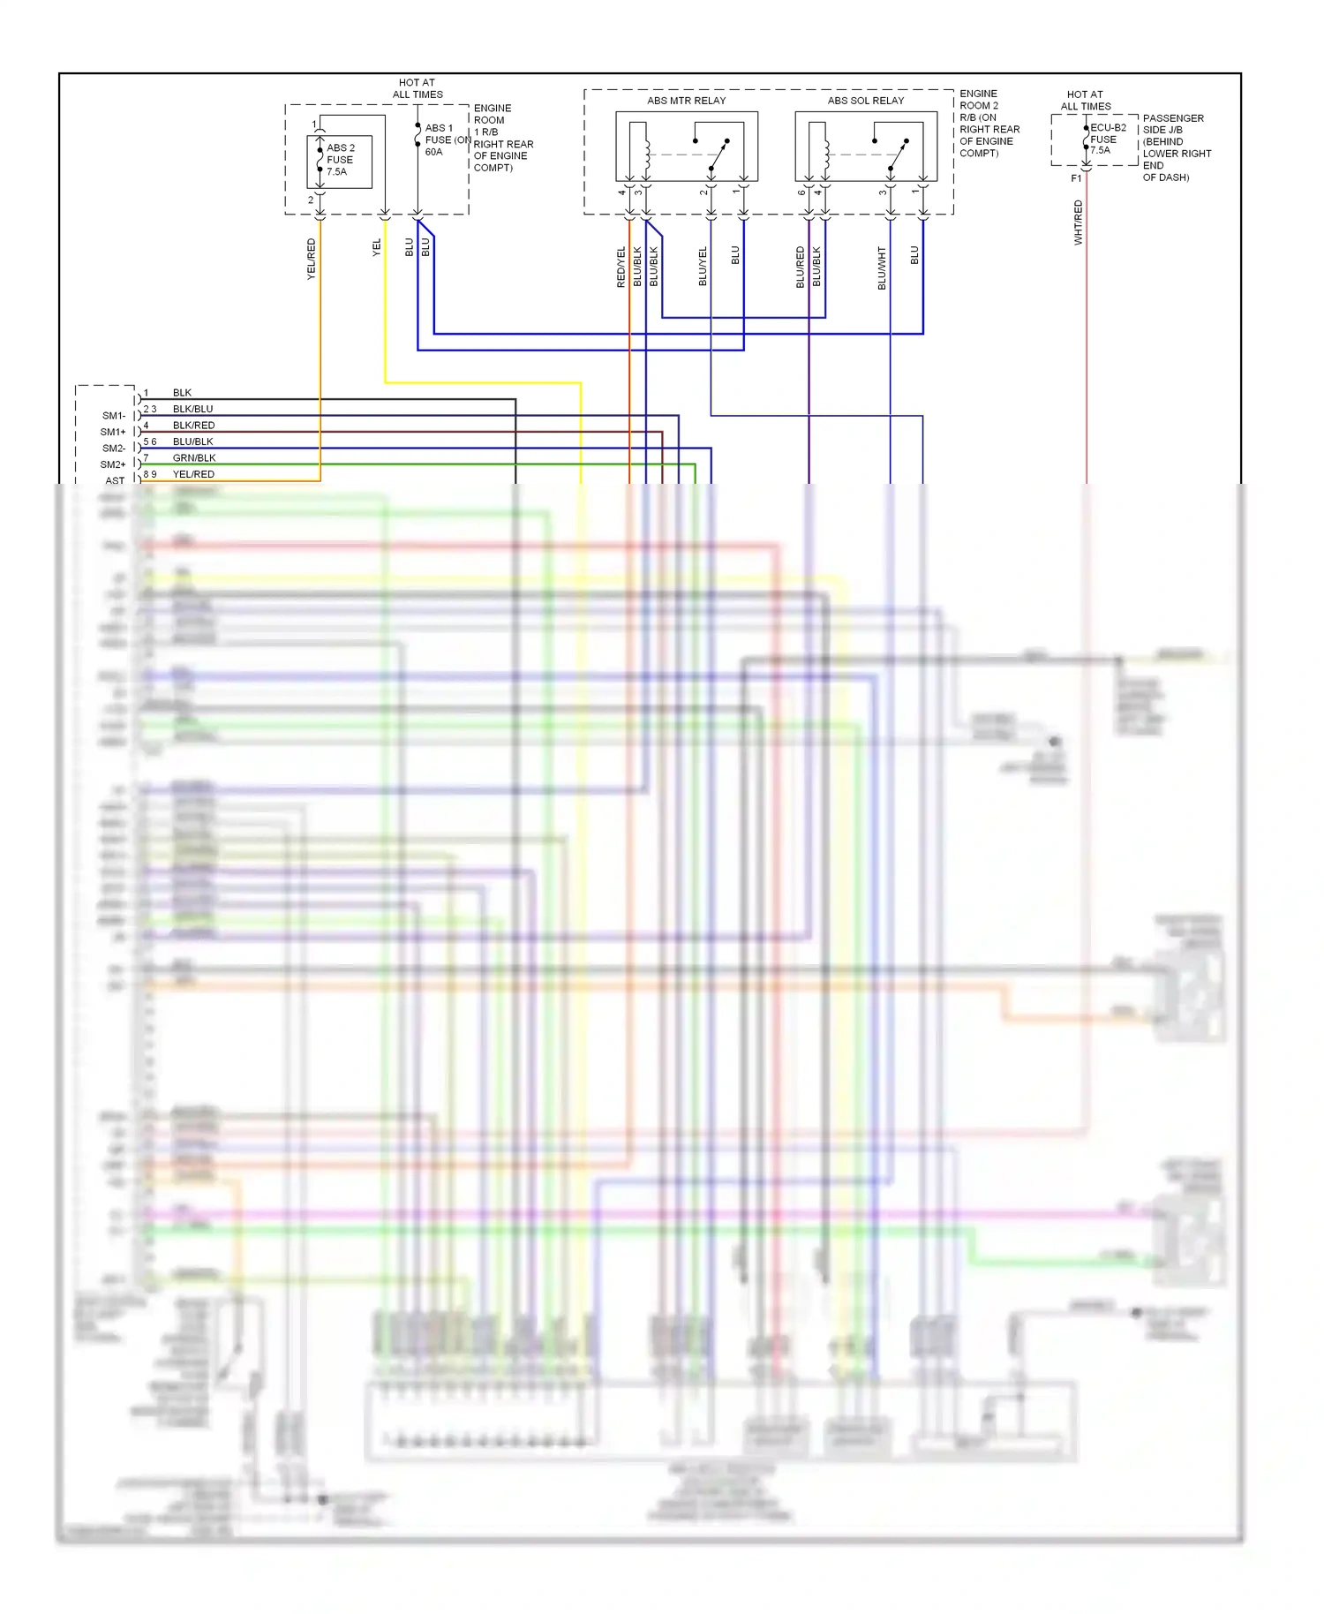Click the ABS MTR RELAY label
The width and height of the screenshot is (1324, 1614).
[x=686, y=101]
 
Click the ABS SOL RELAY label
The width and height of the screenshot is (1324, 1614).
[x=865, y=101]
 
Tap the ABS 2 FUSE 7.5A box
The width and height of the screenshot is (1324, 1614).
[x=340, y=161]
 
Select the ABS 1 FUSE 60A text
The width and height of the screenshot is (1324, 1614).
[x=439, y=140]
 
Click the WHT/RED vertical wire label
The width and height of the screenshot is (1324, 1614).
[x=1078, y=222]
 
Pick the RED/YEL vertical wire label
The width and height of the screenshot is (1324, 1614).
[x=621, y=267]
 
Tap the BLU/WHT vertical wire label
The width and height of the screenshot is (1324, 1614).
[x=882, y=268]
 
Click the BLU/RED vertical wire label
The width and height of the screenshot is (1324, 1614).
[x=801, y=267]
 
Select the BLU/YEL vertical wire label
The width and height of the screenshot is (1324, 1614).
[x=703, y=266]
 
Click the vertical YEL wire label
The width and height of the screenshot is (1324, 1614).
[x=377, y=248]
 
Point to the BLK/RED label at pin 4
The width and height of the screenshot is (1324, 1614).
[x=193, y=426]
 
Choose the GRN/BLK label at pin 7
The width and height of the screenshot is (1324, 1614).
[x=194, y=458]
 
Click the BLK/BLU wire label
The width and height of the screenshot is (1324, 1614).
[x=192, y=410]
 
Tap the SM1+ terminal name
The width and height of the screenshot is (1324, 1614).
[x=113, y=432]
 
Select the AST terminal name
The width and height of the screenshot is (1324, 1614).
[x=115, y=481]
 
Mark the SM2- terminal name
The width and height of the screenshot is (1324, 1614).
[x=113, y=449]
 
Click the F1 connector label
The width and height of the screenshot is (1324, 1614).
[x=1076, y=178]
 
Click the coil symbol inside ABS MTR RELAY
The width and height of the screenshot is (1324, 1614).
[x=647, y=156]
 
